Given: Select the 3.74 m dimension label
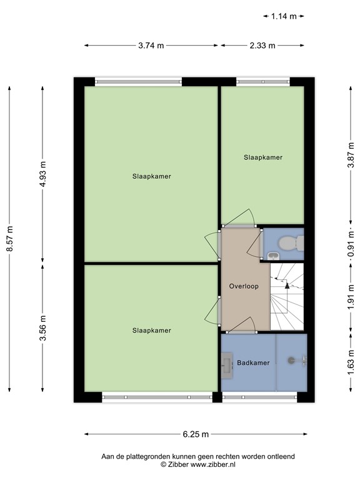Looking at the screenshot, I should [x=151, y=45].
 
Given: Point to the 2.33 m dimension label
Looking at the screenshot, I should [x=262, y=45].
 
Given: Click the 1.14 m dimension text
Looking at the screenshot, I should [x=283, y=16].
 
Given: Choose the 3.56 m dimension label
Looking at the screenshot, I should [x=42, y=329].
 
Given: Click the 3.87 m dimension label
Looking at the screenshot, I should [x=351, y=155].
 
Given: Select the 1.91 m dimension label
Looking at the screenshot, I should [x=351, y=297].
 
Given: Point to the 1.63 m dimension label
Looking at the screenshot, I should [x=351, y=364].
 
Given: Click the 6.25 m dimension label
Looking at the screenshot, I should [x=196, y=434].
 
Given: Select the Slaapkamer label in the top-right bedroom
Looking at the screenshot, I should [x=262, y=157].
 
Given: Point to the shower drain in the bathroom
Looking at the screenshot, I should [x=291, y=360].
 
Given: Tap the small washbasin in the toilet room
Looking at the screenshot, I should [x=273, y=255].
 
